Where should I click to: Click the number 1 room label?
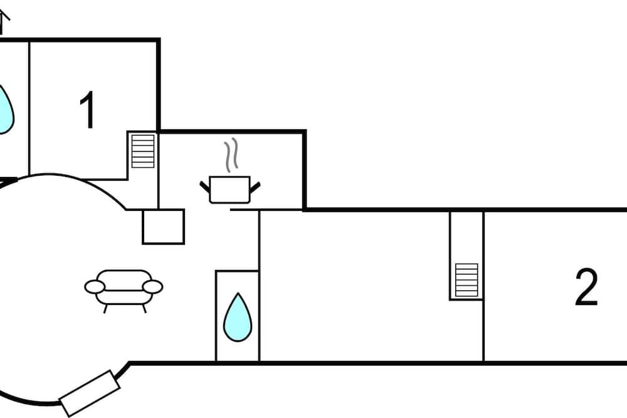(88, 110)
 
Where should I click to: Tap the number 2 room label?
(586, 287)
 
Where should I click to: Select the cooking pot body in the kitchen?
(229, 190)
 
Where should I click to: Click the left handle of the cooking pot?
(205, 186)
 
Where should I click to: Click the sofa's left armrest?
(95, 287)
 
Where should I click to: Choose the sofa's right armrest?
(152, 287)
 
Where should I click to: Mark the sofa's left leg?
(104, 309)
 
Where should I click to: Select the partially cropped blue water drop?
(5, 110)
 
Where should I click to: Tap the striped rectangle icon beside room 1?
(142, 151)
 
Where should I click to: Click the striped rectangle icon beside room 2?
(466, 280)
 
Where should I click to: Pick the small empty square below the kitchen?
(163, 227)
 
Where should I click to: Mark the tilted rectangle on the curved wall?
(89, 394)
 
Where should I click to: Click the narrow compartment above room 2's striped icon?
(466, 237)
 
